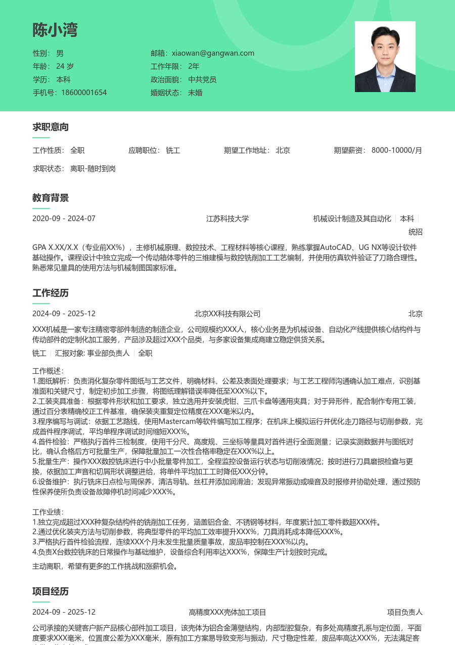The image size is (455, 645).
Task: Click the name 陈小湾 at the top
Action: tap(55, 30)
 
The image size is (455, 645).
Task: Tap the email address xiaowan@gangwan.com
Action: tap(213, 53)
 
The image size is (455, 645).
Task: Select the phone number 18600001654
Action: tap(84, 93)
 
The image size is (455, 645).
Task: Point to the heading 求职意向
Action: tap(51, 127)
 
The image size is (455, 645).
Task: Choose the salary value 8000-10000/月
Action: tap(396, 150)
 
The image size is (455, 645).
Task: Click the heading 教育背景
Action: tap(51, 198)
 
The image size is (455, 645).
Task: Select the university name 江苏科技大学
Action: tap(227, 219)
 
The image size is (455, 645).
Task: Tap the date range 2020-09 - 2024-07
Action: tap(64, 219)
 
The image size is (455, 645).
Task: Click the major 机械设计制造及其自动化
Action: tap(352, 219)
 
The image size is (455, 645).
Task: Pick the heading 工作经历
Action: tap(51, 293)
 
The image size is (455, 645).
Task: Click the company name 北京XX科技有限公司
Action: tap(227, 314)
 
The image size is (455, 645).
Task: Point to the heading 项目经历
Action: tap(51, 591)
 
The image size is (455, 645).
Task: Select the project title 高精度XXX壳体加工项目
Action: tap(227, 612)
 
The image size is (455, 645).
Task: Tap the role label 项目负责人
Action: tap(404, 612)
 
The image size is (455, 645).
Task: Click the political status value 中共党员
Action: tap(202, 79)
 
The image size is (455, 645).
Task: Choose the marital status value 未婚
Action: tap(195, 93)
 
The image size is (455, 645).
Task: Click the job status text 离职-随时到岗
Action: tap(93, 168)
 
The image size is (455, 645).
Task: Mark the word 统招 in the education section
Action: tap(415, 232)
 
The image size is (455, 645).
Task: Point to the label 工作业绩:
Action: tap(48, 512)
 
